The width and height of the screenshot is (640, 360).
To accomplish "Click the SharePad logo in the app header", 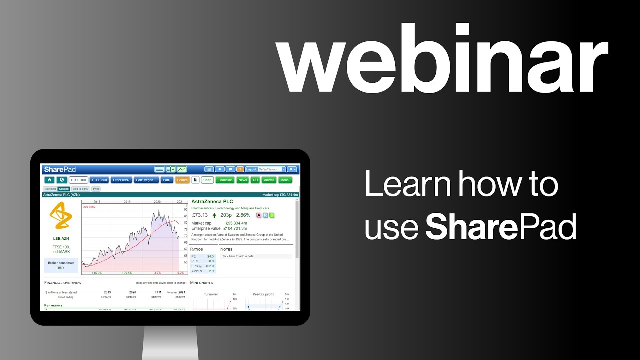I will (60, 169).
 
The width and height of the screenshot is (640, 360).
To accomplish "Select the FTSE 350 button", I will (99, 180).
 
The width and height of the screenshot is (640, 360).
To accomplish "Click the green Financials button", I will (225, 180).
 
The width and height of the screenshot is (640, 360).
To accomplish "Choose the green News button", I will (242, 180).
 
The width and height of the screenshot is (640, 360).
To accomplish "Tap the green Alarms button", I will (269, 180).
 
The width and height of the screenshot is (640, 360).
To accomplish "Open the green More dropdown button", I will (285, 180).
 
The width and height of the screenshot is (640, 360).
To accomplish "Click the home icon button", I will (49, 180).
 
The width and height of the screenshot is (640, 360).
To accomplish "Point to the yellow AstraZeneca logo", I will (61, 218).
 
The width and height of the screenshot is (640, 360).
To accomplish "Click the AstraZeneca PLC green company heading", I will (212, 202).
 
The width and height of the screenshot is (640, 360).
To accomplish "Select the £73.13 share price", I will (200, 215).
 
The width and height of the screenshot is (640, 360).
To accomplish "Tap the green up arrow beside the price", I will (214, 216).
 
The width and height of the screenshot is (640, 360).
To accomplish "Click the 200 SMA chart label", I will (89, 206).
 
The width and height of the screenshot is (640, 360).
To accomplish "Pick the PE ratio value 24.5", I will (210, 256).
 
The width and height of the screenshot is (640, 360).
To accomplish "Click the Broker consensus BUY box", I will (61, 265).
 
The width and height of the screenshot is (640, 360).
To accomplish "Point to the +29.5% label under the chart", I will (127, 273).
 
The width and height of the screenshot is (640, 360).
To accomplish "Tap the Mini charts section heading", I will (202, 283).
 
